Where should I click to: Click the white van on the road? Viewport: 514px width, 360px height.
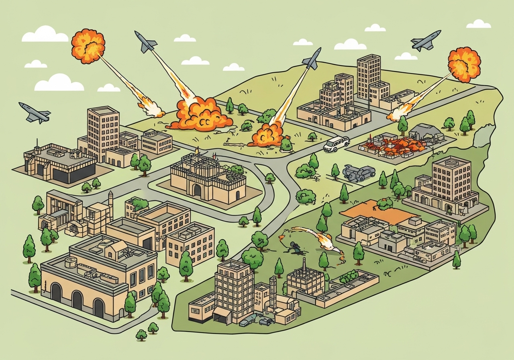[x=336, y=144]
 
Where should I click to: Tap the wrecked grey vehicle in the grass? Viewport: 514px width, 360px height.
[x=359, y=173]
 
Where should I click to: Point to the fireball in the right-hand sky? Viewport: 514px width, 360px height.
[x=464, y=64]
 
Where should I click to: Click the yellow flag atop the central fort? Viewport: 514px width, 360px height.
[x=197, y=150]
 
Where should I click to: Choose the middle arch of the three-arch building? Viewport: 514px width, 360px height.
[x=78, y=300]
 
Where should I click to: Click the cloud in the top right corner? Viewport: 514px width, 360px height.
[x=478, y=24]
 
